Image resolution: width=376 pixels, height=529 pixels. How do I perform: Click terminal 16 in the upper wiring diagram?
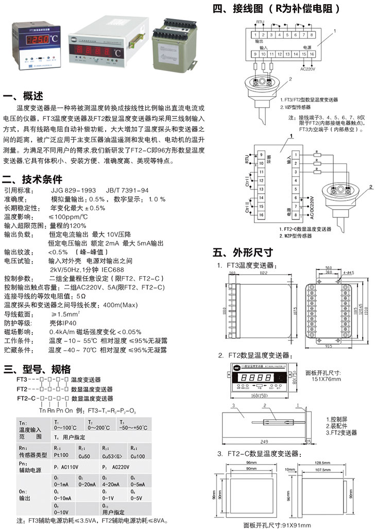(312, 53)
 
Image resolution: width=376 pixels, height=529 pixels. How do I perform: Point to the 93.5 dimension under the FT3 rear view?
(330, 346)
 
